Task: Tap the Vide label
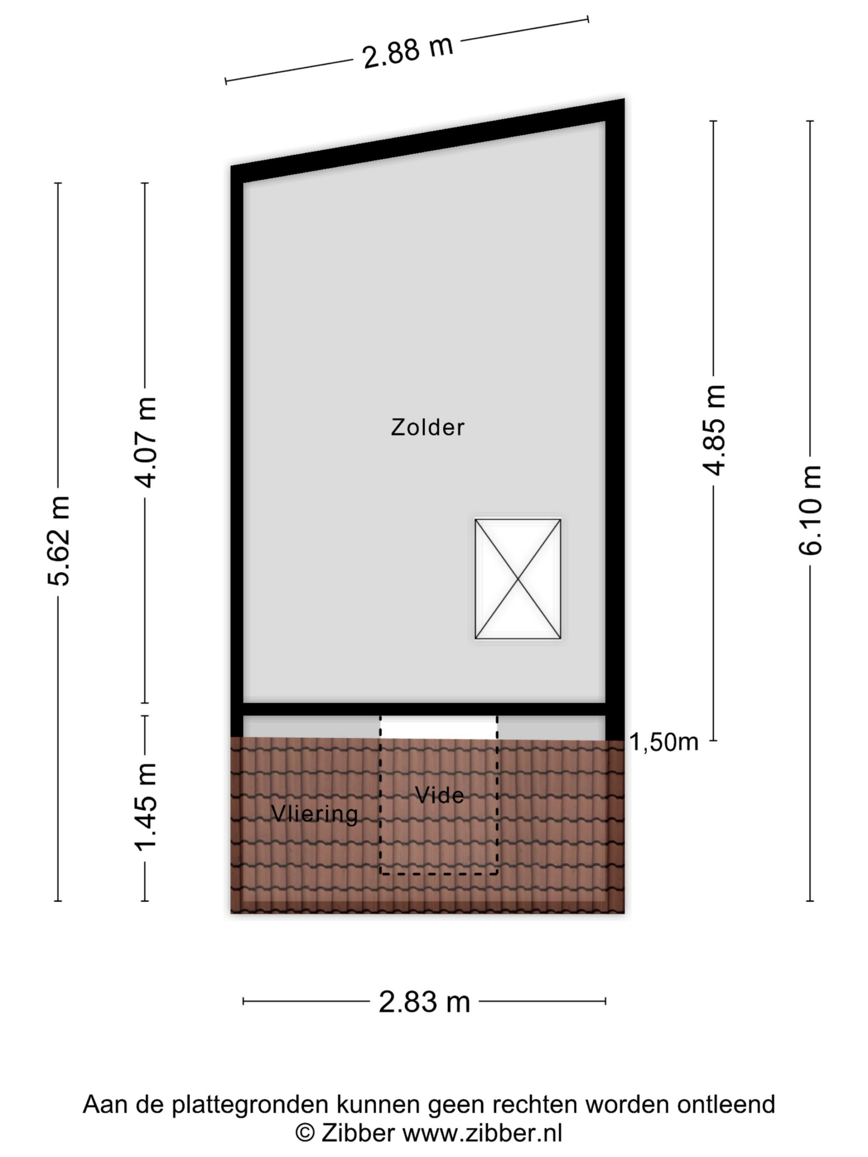click(x=439, y=795)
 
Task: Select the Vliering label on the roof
click(x=315, y=814)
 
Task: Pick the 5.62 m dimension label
click(x=58, y=541)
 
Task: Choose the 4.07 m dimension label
click(x=146, y=442)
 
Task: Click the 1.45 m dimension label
click(x=146, y=807)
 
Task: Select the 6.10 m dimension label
click(x=811, y=510)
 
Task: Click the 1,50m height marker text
click(x=663, y=742)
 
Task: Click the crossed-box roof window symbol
click(x=518, y=578)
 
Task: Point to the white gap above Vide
click(x=439, y=728)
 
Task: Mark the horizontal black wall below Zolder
click(x=424, y=709)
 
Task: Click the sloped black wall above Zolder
click(x=428, y=141)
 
